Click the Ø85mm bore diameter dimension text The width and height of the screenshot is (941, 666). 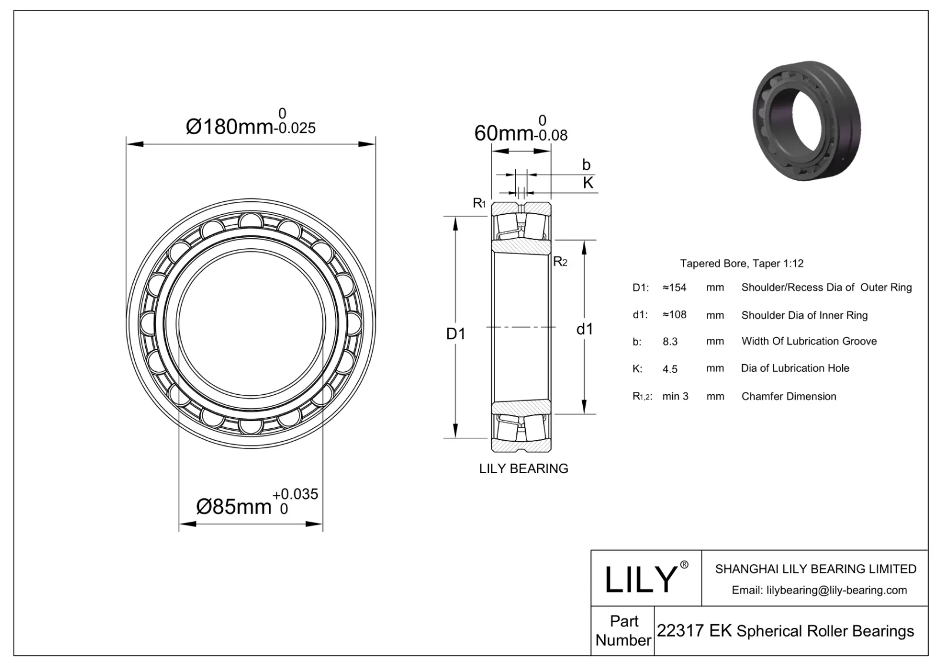234,506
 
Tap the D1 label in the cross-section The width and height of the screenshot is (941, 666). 455,334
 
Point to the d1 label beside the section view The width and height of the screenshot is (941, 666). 584,329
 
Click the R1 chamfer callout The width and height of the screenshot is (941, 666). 479,204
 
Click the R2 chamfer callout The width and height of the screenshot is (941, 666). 560,262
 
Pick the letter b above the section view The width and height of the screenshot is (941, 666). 586,165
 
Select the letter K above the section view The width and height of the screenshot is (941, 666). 588,183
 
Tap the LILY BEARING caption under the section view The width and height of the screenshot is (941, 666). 523,468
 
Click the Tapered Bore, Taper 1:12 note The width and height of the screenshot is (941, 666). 741,264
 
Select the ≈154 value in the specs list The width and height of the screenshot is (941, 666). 675,288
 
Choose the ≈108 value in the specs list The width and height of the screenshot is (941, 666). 675,315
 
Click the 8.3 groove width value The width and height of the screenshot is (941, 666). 670,341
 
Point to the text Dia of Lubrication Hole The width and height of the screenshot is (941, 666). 795,368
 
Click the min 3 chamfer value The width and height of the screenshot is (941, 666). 675,397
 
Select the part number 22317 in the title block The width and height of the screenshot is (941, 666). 680,631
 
